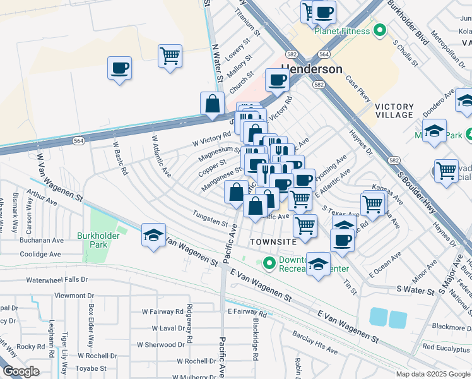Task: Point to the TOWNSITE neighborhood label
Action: tap(273, 242)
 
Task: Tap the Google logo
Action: tap(21, 371)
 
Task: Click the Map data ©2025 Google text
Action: tap(432, 374)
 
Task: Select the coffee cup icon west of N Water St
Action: tap(119, 68)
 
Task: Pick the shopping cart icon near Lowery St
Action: tap(170, 56)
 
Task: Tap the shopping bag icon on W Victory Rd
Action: tap(212, 103)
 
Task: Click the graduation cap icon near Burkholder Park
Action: tap(153, 236)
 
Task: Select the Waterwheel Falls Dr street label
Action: tap(57, 279)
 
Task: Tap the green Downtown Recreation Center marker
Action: tap(270, 262)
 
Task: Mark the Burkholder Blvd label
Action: tap(417, 23)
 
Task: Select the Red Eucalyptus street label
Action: tap(447, 347)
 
